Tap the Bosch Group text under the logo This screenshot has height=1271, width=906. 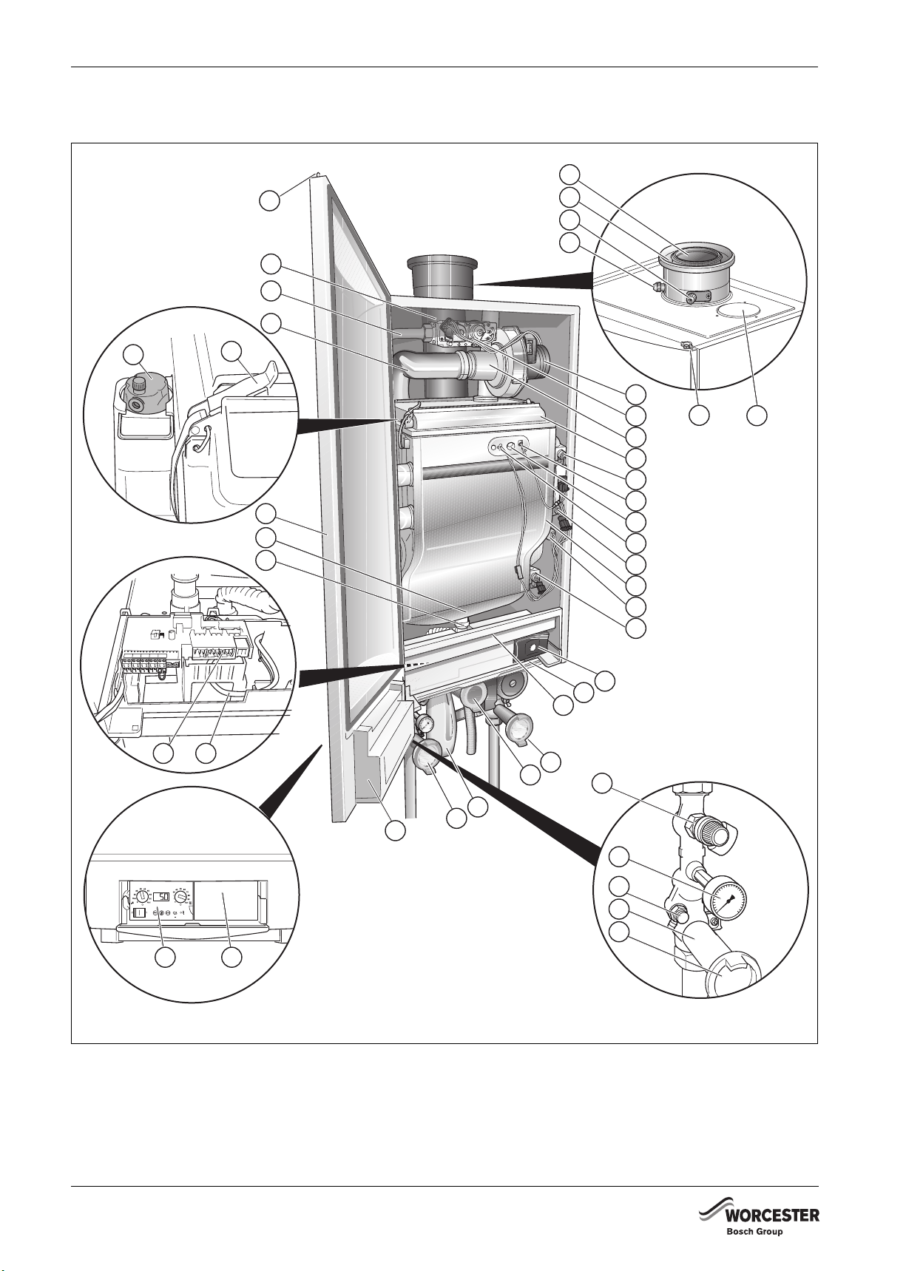coord(754,1232)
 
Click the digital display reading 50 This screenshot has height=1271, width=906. coord(161,897)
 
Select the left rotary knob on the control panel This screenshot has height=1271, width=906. coord(140,897)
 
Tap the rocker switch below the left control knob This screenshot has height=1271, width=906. coord(138,913)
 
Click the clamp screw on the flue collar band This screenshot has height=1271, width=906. coord(691,297)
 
